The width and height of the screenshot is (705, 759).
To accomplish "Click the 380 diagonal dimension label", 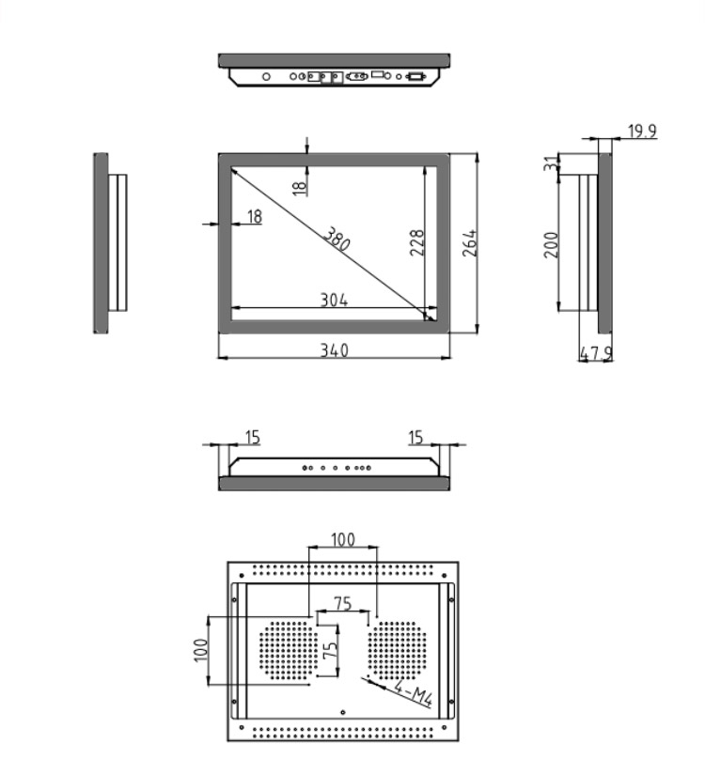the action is (337, 239).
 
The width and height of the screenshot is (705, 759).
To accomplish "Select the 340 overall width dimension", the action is (335, 350).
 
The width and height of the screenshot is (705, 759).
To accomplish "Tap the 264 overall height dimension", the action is (469, 243).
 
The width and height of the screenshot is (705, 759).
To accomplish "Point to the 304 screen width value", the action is (335, 300).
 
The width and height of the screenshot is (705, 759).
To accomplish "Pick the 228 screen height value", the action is (416, 242).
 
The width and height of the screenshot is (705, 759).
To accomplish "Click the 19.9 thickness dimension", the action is (643, 132).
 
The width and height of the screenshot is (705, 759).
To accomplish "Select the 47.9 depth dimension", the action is (596, 353).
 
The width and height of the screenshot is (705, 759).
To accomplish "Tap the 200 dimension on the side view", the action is (552, 245).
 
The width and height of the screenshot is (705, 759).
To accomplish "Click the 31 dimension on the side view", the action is (551, 163).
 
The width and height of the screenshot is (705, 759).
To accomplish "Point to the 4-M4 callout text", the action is (414, 692).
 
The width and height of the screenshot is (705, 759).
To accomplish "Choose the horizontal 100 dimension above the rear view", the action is (343, 539).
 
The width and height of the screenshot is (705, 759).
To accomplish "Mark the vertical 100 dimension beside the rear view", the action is (200, 650).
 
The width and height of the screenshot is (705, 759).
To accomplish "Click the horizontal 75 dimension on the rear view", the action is (342, 604).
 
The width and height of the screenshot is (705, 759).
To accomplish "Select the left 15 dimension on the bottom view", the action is (253, 437).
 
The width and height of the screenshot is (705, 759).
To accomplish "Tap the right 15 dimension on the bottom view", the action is (415, 437).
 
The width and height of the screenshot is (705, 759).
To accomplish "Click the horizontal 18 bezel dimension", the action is (255, 216).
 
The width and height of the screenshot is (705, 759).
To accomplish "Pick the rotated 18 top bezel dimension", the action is (300, 188).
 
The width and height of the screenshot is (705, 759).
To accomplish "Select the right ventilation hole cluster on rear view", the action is (398, 650).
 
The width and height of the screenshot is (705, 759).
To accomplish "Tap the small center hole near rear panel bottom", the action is (343, 712).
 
